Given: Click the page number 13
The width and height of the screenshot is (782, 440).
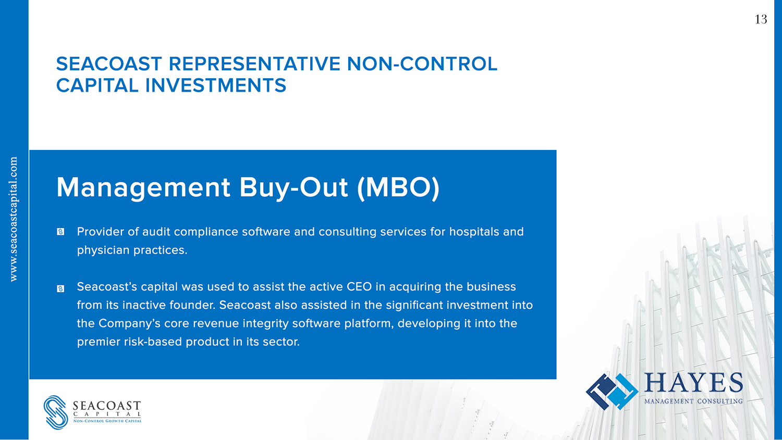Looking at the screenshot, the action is click(x=761, y=19).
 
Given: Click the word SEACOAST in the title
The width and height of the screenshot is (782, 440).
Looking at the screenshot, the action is click(x=109, y=64).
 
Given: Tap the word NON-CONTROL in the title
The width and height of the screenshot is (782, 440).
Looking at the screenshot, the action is click(x=422, y=64).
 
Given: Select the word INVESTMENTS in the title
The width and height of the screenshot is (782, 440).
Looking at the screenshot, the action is click(x=216, y=85).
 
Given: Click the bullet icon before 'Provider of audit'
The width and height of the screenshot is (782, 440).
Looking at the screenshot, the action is click(x=60, y=232).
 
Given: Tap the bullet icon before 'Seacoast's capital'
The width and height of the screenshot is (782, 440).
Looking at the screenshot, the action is click(x=60, y=288).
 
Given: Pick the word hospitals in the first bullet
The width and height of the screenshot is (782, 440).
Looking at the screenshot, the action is click(x=474, y=232).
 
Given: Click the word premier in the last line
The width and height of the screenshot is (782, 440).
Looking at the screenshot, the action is click(x=99, y=342).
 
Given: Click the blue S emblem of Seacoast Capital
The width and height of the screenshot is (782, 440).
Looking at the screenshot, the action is click(x=56, y=412).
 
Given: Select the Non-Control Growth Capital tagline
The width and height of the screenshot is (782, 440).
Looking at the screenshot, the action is click(x=107, y=421).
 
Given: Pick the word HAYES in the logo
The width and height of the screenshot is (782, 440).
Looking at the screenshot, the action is click(x=693, y=383).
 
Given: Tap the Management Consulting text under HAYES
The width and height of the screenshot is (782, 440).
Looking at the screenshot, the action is click(x=693, y=401).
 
